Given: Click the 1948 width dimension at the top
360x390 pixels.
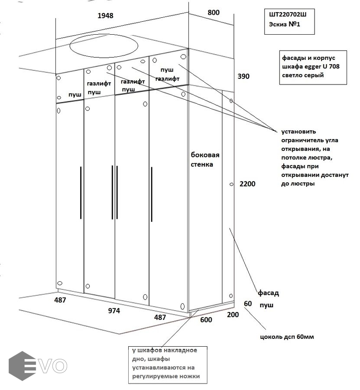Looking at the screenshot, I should [105, 16].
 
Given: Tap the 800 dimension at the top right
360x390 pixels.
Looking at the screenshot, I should [214, 13].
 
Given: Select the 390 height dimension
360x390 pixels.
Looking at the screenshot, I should [244, 76].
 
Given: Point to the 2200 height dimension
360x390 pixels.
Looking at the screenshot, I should [247, 184].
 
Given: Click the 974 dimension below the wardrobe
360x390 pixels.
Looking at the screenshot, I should [114, 311].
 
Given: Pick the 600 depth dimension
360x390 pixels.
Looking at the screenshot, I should [206, 320].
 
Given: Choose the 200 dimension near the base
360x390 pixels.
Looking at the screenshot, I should [233, 315].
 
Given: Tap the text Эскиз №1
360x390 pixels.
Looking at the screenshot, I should [282, 24].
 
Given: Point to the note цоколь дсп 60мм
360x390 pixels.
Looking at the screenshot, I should [286, 337].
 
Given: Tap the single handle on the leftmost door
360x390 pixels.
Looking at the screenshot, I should [81, 192].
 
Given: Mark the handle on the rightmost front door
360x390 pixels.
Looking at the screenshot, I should [152, 192].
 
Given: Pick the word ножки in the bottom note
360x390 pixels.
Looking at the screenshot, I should [190, 376].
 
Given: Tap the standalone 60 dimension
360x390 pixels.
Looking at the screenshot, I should [248, 303].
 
